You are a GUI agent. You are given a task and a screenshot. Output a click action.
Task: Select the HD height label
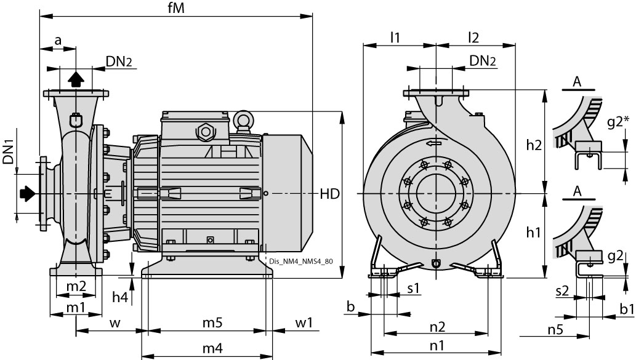coord(329,194)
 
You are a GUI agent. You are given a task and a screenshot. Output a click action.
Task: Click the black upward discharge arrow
coord(75,78)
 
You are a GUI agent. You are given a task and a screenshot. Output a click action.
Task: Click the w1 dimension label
coord(304,322)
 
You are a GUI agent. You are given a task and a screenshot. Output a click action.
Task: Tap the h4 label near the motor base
coord(120,297)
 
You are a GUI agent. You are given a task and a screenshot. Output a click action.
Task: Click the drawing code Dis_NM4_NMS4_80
coord(301,261)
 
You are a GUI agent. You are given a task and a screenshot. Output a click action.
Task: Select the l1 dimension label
coord(395,37)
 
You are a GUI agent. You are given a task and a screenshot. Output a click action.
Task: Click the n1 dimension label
coord(437,346)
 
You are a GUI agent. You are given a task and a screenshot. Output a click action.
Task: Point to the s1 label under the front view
coord(413,288)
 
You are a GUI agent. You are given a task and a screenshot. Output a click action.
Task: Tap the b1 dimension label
coord(626,308)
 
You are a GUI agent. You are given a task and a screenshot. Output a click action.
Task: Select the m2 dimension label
coord(76,287)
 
